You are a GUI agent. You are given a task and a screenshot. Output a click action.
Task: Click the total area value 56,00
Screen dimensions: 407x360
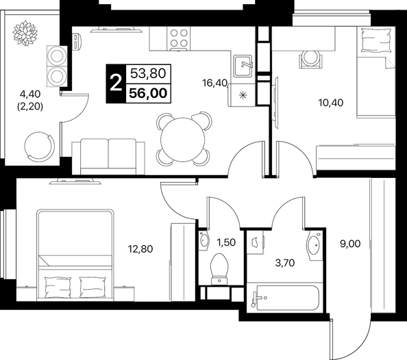pyautogui.click(x=148, y=93)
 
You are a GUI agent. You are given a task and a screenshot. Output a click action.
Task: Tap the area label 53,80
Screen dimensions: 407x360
pyautogui.click(x=148, y=73)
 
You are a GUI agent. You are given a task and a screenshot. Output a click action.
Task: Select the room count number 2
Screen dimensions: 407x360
pyautogui.click(x=116, y=83)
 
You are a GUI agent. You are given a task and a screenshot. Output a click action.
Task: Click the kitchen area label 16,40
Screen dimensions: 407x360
pyautogui.click(x=215, y=83)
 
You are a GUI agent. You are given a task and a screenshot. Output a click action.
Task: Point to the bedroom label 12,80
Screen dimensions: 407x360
pyautogui.click(x=140, y=249)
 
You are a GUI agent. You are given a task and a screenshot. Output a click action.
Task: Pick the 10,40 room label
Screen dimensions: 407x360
pyautogui.click(x=331, y=103)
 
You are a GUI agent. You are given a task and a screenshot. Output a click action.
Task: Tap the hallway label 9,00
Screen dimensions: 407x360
pyautogui.click(x=350, y=244)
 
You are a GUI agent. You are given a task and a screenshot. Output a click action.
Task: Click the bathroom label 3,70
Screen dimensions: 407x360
pyautogui.click(x=285, y=263)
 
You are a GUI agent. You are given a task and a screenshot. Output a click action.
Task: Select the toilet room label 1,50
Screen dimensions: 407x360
pyautogui.click(x=226, y=242)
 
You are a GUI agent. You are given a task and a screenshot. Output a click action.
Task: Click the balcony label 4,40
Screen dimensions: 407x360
pyautogui.click(x=30, y=94)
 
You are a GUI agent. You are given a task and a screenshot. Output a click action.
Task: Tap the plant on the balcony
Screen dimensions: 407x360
pyautogui.click(x=25, y=34)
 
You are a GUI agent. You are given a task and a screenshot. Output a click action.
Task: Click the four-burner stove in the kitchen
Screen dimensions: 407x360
pyautogui.click(x=179, y=38)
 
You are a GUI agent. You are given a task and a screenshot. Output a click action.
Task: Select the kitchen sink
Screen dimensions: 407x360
pyautogui.click(x=243, y=66)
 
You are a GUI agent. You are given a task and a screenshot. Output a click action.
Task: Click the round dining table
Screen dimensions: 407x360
pyautogui.click(x=183, y=140)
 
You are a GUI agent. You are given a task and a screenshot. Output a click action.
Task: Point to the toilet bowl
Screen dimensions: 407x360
pyautogui.click(x=219, y=269)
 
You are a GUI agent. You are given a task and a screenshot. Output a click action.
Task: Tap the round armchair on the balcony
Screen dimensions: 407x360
pyautogui.click(x=40, y=146)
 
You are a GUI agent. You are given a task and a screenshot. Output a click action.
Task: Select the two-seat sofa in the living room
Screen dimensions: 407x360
pyautogui.click(x=108, y=157)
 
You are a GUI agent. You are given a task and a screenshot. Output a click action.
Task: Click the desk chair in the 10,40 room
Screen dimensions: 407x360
pyautogui.click(x=310, y=59)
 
